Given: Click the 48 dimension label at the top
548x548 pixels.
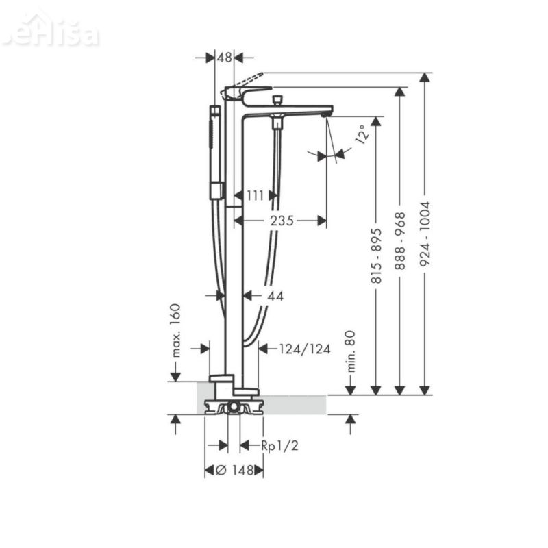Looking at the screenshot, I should (x=224, y=58).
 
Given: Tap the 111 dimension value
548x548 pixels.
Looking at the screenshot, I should (x=255, y=196).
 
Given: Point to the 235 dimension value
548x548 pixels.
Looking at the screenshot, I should (x=281, y=221).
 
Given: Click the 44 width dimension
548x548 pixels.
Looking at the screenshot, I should (x=275, y=296).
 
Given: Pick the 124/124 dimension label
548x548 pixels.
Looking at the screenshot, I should (x=305, y=349).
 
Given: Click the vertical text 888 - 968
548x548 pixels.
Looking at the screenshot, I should (x=400, y=240).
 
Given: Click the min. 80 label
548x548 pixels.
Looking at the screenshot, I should (x=351, y=350).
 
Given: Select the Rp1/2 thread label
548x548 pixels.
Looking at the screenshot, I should (x=279, y=446).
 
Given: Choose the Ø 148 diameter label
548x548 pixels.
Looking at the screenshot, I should (x=234, y=470).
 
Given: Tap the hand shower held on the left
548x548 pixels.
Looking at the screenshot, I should (x=215, y=151).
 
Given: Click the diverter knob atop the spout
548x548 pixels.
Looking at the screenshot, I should (x=277, y=101).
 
